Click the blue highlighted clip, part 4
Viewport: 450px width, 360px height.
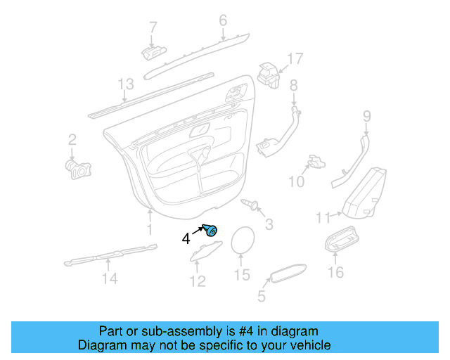[210, 229]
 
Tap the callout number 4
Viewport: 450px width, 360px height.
[186, 238]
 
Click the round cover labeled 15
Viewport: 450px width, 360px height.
[243, 242]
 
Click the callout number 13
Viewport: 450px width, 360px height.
[125, 85]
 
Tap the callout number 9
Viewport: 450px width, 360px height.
[366, 116]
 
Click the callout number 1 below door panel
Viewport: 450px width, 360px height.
[149, 229]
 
